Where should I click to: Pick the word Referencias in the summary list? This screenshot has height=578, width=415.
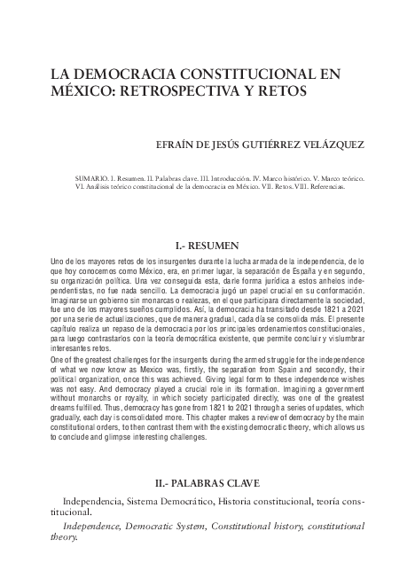point(327,187)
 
